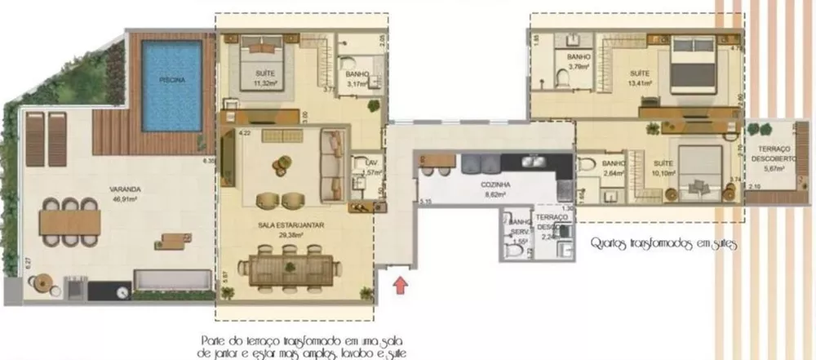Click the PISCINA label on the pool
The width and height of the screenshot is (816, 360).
[172, 80]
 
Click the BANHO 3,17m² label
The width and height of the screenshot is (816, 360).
[358, 78]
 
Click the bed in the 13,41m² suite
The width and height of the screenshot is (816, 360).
[694, 67]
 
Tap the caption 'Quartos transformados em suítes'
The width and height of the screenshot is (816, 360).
[662, 242]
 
